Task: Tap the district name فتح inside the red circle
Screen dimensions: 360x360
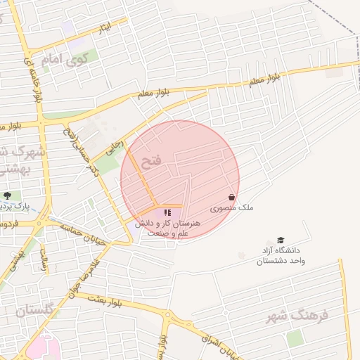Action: click(151, 162)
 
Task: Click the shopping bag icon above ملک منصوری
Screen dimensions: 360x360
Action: click(232, 198)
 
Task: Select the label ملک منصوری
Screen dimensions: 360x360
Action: click(232, 208)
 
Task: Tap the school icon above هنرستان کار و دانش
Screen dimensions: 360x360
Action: click(167, 212)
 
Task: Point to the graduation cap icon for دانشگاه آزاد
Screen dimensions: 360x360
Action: click(281, 240)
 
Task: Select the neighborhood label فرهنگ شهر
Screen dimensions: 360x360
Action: click(297, 316)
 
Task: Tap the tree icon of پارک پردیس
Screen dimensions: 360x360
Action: click(7, 195)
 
